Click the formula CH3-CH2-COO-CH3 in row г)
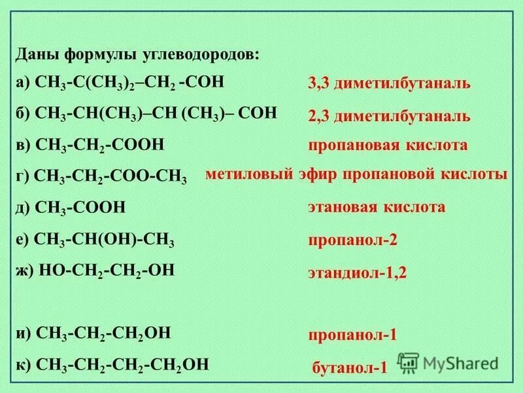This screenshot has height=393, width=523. pos(110,176)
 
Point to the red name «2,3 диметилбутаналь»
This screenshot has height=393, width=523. pos(389,116)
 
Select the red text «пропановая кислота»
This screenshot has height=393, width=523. pos(388,145)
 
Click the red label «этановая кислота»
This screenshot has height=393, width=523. pos(377,208)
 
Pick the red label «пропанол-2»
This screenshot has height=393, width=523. pos(353,240)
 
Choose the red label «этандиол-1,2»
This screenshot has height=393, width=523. pos(358,272)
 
